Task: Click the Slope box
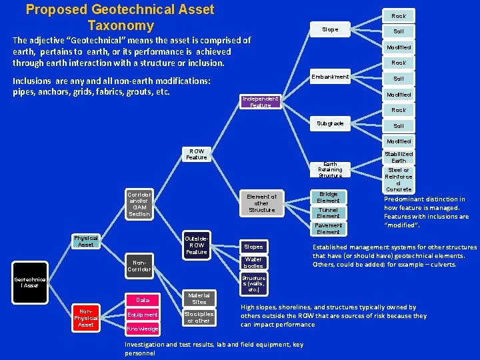[x=330, y=29]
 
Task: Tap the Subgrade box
[x=330, y=123]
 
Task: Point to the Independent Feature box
[x=261, y=102]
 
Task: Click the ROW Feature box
[x=197, y=154]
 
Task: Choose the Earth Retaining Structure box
[x=330, y=169]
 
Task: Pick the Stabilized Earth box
[x=399, y=157]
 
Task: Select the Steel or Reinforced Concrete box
[x=399, y=179]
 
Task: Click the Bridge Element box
[x=328, y=197]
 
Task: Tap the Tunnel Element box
[x=328, y=213]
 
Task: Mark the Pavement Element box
[x=328, y=229]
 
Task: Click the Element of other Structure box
[x=261, y=203]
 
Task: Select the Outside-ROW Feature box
[x=197, y=245]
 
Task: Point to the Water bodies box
[x=253, y=262]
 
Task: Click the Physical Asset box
[x=86, y=241]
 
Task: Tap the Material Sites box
[x=199, y=298]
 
